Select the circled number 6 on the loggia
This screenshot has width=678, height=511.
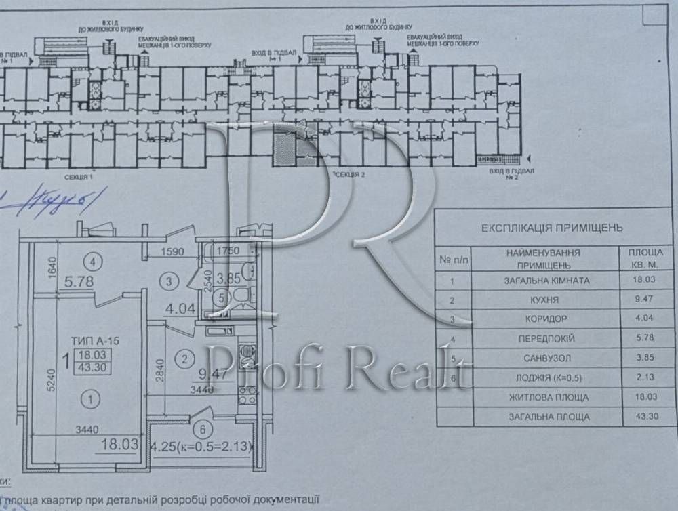200,428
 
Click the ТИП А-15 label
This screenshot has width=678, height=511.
94,342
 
